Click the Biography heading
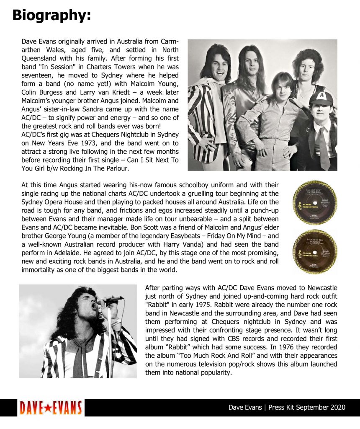[x=51, y=16]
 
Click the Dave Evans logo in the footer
[x=51, y=408]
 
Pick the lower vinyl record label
[x=315, y=251]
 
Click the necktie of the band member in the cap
[x=324, y=147]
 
